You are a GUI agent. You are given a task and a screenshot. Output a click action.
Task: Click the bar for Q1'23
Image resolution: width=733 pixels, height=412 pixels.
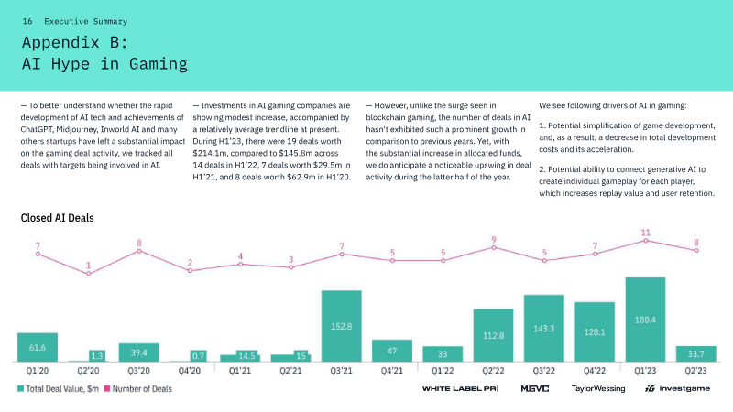pyautogui.click(x=645, y=320)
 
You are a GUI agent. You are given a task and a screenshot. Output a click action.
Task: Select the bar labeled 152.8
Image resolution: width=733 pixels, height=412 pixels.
pyautogui.click(x=341, y=326)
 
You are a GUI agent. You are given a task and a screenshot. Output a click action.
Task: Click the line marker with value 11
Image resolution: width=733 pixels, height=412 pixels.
pyautogui.click(x=646, y=240)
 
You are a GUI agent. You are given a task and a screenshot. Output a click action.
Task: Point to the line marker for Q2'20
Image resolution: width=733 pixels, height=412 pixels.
pyautogui.click(x=89, y=273)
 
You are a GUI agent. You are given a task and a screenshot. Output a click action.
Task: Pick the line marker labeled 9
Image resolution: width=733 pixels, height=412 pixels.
pyautogui.click(x=494, y=246)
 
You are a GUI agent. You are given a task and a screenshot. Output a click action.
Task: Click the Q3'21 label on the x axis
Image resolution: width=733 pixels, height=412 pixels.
pyautogui.click(x=341, y=371)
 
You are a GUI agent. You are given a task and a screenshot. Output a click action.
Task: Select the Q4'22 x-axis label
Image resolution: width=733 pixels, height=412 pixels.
pyautogui.click(x=595, y=371)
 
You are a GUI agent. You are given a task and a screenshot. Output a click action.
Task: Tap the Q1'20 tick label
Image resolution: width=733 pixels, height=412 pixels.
pyautogui.click(x=38, y=371)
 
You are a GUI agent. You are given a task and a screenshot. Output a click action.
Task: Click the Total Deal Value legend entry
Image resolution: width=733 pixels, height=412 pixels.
pyautogui.click(x=59, y=389)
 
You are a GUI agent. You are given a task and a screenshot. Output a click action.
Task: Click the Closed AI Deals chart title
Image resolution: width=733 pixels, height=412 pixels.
pyautogui.click(x=57, y=218)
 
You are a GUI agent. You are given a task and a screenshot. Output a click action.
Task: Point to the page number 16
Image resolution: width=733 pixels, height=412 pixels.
pyautogui.click(x=27, y=20)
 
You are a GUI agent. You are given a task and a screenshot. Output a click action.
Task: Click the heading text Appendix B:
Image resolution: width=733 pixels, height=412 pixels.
pyautogui.click(x=81, y=42)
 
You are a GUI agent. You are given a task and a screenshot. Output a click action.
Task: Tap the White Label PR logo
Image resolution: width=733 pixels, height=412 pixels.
pyautogui.click(x=459, y=389)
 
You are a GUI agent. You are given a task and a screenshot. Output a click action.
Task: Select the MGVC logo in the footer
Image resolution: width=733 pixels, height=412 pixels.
pyautogui.click(x=535, y=389)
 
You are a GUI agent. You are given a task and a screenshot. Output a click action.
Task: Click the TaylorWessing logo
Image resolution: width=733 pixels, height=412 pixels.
pyautogui.click(x=598, y=389)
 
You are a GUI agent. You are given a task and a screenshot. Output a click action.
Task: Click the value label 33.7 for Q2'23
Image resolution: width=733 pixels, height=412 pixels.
pyautogui.click(x=696, y=354)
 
